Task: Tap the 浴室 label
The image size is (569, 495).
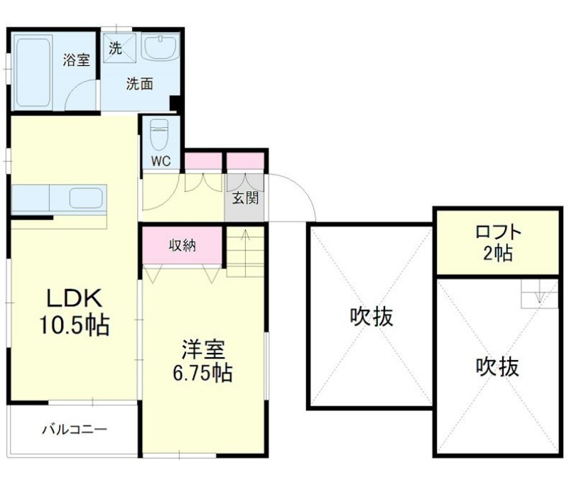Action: point(76,60)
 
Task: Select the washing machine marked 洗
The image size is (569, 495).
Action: point(114,48)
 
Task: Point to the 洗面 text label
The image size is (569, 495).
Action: point(139,84)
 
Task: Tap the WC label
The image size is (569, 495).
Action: point(161,161)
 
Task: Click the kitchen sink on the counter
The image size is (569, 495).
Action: point(86,197)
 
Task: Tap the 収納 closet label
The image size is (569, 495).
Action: point(183,246)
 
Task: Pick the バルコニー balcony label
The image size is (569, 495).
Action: point(74,430)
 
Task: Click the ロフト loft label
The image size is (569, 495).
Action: point(498,232)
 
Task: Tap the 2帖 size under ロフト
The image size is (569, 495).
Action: point(498,252)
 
